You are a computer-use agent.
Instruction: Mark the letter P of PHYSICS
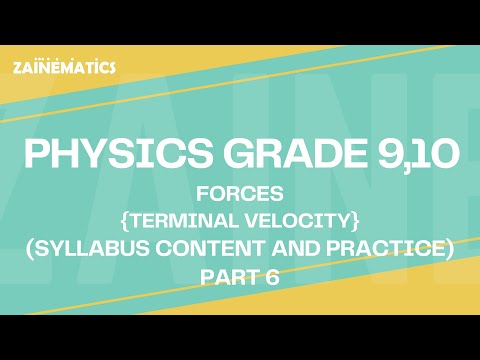click(x=37, y=155)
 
